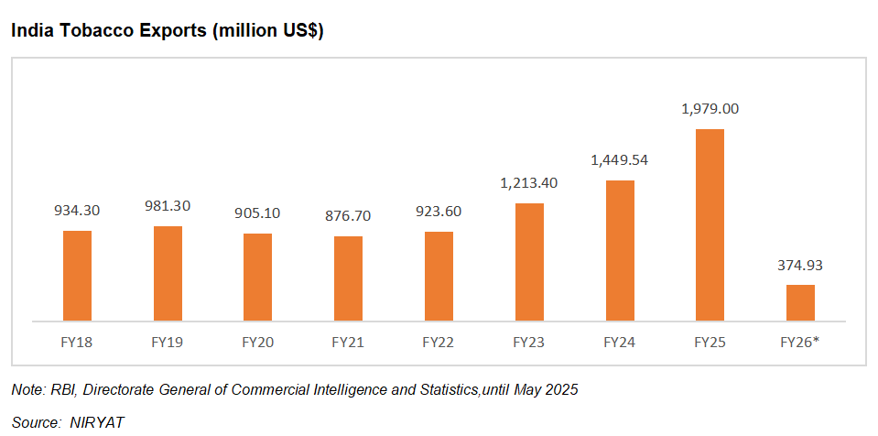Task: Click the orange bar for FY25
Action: point(710,224)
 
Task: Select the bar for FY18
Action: point(77,275)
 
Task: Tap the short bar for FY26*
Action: point(800,302)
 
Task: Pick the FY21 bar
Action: point(348,278)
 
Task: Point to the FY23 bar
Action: point(529,262)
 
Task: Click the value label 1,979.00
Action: point(710,108)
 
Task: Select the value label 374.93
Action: point(800,266)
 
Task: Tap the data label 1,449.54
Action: point(619,159)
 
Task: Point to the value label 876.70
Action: point(348,216)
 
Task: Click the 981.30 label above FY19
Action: point(168,206)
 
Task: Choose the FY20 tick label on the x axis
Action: point(257,343)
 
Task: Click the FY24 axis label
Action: point(619,343)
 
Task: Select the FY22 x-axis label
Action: point(439,343)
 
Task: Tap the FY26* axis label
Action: point(800,343)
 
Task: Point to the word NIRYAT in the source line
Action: point(96,423)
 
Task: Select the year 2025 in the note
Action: point(560,390)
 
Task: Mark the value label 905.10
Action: point(257,213)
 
